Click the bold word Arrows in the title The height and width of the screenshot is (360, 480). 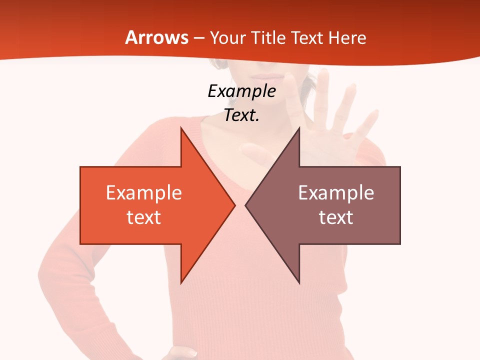(x=157, y=37)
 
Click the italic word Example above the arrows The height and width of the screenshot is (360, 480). (x=241, y=91)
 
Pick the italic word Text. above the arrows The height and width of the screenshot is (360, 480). (x=241, y=115)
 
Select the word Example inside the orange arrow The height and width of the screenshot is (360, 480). (x=144, y=193)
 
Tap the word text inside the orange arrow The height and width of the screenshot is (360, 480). (x=144, y=217)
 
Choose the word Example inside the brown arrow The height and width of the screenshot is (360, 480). (x=336, y=193)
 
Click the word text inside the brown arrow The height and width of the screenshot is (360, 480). (x=336, y=217)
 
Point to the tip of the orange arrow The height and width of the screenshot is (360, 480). (x=234, y=205)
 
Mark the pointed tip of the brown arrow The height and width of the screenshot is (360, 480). (x=246, y=205)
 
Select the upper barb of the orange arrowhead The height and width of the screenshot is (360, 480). (x=182, y=131)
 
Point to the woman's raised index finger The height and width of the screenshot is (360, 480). (x=323, y=85)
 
